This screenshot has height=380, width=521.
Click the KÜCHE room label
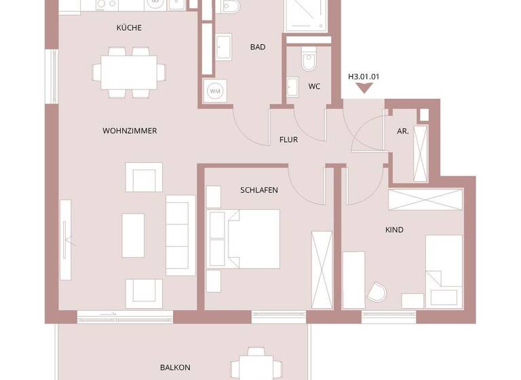129,28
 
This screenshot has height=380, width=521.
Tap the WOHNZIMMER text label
130,131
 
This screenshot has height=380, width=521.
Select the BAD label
257,47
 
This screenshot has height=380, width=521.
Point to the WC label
314,86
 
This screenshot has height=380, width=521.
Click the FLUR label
289,140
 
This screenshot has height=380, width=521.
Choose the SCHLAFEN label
259,190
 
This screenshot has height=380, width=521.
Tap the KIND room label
394,230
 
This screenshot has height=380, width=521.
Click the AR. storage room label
403,132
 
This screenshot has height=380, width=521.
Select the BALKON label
175,367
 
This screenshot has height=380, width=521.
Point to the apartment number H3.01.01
364,77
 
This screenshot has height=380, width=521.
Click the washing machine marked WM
214,91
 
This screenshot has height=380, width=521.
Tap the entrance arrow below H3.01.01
364,92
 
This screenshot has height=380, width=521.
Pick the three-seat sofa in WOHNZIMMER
180,234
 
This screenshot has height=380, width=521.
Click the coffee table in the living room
133,235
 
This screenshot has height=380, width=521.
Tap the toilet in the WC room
309,60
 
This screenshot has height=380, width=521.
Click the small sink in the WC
293,88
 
